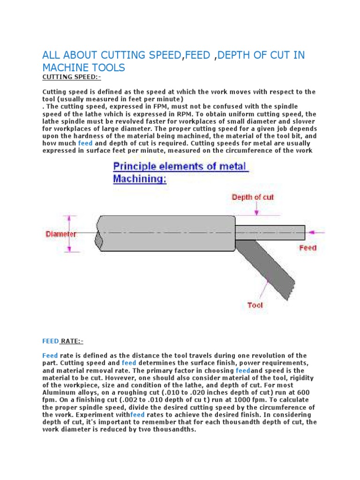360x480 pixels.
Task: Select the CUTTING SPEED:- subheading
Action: click(x=72, y=77)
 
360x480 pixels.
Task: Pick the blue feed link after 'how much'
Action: click(x=85, y=143)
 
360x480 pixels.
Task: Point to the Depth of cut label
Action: click(x=253, y=197)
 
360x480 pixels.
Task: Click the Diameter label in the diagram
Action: click(x=61, y=233)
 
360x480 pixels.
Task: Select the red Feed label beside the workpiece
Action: click(x=307, y=247)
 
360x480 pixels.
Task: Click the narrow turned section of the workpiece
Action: click(x=270, y=232)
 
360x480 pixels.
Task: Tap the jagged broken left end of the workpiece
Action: click(x=99, y=239)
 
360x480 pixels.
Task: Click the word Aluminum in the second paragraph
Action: click(x=59, y=392)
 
